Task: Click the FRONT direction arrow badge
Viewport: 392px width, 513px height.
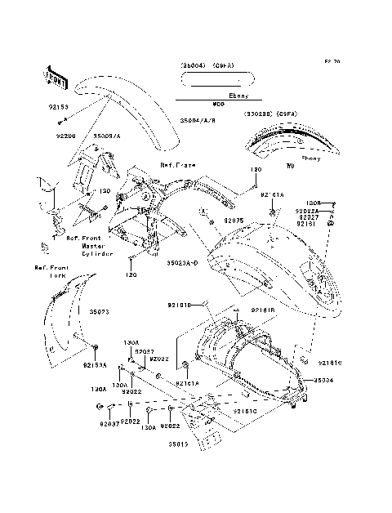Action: pos(54,75)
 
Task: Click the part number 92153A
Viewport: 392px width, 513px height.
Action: pos(95,365)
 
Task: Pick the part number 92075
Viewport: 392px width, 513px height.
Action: pos(235,221)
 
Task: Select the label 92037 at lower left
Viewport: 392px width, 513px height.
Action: pos(109,425)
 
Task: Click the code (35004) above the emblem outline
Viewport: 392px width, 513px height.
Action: pos(194,66)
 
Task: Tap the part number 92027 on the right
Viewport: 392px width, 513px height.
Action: pos(307,216)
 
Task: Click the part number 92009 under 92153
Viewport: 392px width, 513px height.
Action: pos(67,136)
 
